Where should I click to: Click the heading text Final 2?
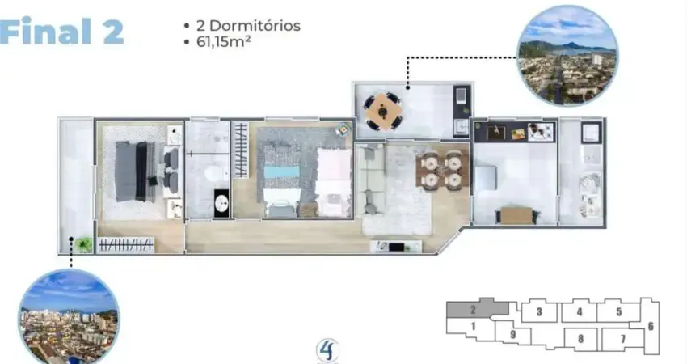tap(61, 31)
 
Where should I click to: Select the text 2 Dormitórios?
tap(248, 25)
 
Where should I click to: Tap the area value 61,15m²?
tap(223, 42)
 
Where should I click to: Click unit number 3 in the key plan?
tap(539, 311)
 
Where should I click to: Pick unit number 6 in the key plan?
tap(651, 326)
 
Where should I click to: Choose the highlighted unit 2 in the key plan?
tap(473, 310)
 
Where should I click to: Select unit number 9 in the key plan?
tap(513, 335)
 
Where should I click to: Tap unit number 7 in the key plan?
tap(622, 339)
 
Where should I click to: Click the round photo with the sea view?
tap(568, 56)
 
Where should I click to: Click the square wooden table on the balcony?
tap(383, 111)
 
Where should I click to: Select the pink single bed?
tap(335, 183)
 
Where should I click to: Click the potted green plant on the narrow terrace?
tap(83, 244)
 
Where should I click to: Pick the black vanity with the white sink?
tap(221, 203)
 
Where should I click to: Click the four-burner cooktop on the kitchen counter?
tap(541, 132)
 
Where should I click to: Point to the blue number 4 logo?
tap(327, 350)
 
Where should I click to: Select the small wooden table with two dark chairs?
tap(517, 215)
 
